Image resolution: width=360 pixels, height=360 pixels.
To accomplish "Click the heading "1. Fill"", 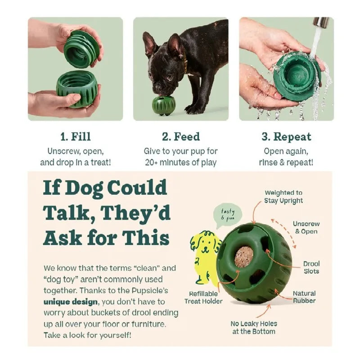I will [75, 137].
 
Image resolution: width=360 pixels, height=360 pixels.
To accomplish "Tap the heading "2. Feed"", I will [180, 137].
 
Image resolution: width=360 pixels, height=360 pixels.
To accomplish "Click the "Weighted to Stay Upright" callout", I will [283, 196].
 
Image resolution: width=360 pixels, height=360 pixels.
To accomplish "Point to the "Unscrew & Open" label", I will [306, 227].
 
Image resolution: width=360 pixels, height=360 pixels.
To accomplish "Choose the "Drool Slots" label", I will [311, 267].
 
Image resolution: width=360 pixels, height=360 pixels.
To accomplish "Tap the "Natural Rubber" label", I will [304, 297].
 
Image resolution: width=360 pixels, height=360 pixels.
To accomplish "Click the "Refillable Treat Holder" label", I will [202, 297].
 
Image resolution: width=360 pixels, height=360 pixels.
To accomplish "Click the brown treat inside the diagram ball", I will [244, 256].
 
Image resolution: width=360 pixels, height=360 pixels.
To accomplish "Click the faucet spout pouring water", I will [320, 22].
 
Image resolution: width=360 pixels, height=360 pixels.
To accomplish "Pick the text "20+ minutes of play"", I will [180, 162].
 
